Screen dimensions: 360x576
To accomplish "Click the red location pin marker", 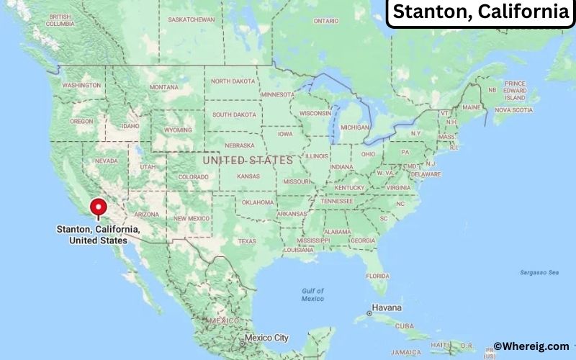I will [99, 208].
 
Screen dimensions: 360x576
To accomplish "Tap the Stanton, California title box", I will [480, 12].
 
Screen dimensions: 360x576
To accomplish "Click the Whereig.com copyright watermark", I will [531, 346].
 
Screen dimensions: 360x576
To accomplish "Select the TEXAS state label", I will [247, 241].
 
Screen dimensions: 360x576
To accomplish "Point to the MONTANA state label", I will [163, 87].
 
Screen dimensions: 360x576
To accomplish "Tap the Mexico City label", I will [266, 338].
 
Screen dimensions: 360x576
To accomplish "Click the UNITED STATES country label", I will [247, 160].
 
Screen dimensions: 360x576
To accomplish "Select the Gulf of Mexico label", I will [312, 294].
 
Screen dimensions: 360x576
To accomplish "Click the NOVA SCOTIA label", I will [513, 110].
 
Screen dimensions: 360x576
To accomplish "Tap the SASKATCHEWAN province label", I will [191, 19].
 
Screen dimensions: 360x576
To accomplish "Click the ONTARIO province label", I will [325, 21].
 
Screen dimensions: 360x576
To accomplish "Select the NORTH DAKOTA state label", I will [233, 81].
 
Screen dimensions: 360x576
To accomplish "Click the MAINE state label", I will [472, 107].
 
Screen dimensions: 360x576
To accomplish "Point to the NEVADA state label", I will [107, 161].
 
